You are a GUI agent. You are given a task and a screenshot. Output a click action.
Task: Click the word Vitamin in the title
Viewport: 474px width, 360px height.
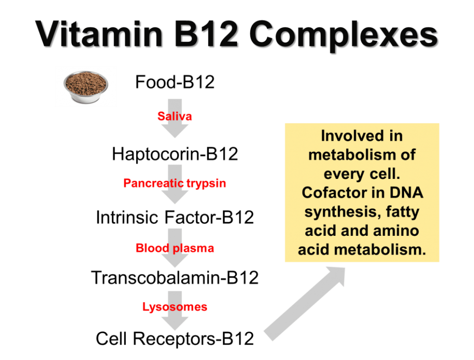[99, 34]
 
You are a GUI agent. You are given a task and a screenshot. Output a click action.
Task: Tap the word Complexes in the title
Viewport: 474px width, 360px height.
[344, 36]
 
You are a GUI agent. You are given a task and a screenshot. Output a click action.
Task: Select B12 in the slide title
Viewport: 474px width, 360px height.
[206, 34]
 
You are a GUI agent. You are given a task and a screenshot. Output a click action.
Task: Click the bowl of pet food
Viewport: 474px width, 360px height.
[86, 87]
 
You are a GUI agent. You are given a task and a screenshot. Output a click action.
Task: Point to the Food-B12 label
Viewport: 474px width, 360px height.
[175, 82]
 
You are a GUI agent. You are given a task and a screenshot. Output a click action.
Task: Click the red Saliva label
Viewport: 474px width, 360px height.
[175, 116]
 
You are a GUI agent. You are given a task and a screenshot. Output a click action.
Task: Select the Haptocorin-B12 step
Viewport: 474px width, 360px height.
[175, 154]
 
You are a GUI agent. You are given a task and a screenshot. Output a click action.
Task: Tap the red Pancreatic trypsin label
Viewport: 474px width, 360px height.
[175, 183]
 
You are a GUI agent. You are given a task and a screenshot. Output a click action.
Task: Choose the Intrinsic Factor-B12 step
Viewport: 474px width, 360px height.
[175, 217]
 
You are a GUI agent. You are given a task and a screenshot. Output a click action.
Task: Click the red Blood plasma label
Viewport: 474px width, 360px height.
[175, 248]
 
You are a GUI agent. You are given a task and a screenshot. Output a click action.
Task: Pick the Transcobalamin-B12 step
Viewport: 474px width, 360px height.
[175, 278]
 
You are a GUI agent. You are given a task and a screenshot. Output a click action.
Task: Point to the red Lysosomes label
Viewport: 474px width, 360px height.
[175, 307]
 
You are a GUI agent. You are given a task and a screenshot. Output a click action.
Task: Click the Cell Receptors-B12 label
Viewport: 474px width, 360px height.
[175, 339]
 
